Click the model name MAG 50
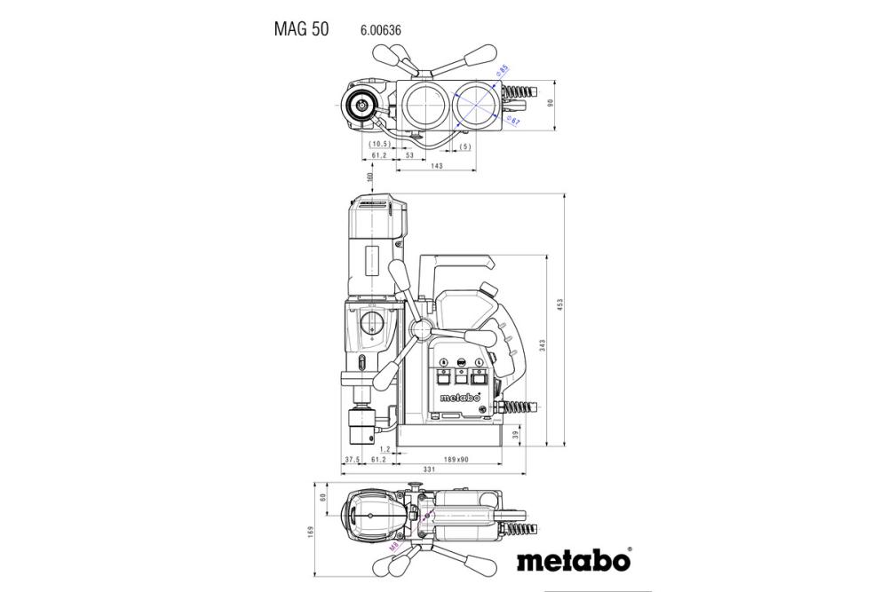tap(301, 29)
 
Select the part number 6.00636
tap(381, 30)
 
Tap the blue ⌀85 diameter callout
tap(502, 70)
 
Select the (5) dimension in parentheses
tap(464, 146)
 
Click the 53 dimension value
tap(409, 155)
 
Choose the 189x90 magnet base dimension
tap(456, 459)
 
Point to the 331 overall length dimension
tap(428, 470)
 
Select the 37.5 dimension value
tap(352, 459)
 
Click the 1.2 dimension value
tap(385, 450)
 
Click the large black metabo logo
tap(573, 561)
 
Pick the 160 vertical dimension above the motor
tap(369, 178)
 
